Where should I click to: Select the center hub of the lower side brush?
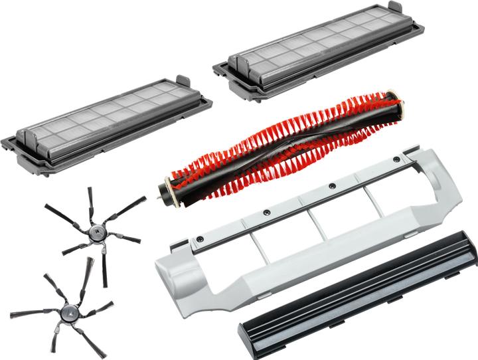pyautogui.click(x=67, y=309)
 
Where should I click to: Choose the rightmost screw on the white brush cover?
pyautogui.click(x=396, y=159)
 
